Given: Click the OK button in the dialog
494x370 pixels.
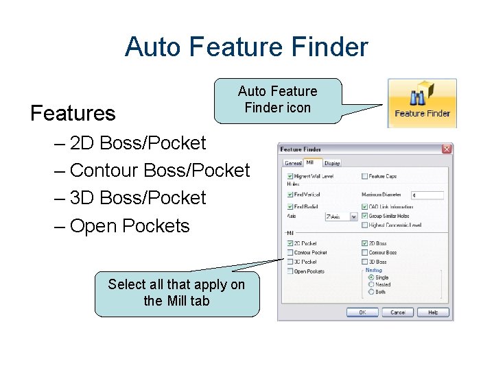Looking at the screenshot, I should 362,312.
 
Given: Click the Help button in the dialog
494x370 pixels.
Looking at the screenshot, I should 433,312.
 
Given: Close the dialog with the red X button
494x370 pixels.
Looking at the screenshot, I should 447,149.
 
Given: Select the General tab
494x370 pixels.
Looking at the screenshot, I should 293,163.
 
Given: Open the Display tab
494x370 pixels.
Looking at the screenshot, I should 332,163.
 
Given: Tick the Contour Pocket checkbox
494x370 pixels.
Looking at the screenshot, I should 290,252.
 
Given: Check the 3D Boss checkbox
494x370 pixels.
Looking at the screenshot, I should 364,262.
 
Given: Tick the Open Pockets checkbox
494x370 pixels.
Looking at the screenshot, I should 290,271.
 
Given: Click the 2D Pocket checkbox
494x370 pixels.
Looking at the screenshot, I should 290,243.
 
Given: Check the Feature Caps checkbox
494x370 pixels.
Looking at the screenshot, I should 364,177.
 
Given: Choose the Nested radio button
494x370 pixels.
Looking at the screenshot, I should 371,284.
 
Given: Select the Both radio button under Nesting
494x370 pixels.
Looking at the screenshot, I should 371,291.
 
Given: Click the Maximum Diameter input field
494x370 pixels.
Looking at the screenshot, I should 427,196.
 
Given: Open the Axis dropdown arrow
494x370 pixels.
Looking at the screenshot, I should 354,217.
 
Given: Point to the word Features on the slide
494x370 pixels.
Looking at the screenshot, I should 73,113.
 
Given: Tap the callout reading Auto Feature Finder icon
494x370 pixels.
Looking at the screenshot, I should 278,99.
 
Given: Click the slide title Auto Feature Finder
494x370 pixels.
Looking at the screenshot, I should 246,47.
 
